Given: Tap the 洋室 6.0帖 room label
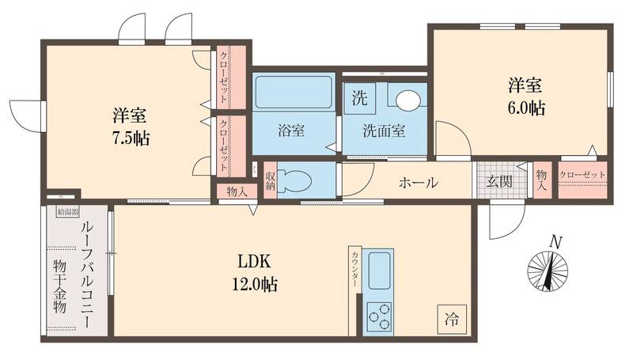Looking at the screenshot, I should [x=526, y=95].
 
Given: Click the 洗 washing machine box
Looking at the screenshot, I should [x=359, y=100].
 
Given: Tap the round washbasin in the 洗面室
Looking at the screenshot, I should [x=408, y=100].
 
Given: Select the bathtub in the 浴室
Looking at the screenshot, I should [x=294, y=93].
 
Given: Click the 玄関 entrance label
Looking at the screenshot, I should [x=498, y=181].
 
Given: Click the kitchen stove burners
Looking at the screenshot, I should [x=379, y=316].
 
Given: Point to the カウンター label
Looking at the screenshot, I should [x=355, y=269].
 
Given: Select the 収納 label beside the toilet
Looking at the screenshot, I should [x=270, y=181].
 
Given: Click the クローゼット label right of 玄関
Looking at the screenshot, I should [x=582, y=175].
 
